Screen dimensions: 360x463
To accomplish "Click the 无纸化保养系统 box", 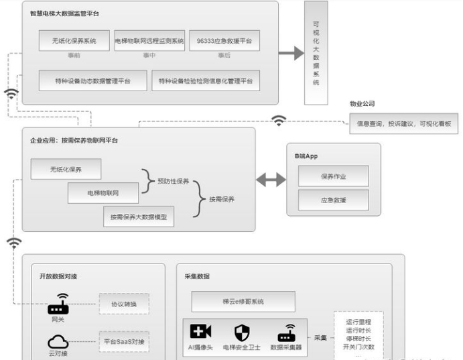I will [x=74, y=41].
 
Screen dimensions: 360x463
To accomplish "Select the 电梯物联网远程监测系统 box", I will [x=149, y=41].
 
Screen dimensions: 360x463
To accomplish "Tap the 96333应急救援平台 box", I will [x=224, y=41].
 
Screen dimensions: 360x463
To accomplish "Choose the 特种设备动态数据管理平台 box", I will [x=92, y=80].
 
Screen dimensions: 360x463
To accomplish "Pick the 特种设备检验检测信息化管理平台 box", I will [x=206, y=80].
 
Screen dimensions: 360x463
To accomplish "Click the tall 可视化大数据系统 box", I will [x=316, y=53].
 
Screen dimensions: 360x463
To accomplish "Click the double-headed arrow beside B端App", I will [x=270, y=180].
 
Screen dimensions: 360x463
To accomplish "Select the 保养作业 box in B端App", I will [x=333, y=176].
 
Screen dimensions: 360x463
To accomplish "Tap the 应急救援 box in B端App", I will [x=333, y=199].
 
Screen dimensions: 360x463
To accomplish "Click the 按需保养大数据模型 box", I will [x=139, y=217].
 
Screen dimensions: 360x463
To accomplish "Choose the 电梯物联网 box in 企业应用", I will [x=103, y=193].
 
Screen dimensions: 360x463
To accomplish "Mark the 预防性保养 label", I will [x=174, y=181].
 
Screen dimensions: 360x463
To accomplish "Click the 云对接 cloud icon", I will [x=58, y=342].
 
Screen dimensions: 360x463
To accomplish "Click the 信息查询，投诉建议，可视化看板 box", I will [x=403, y=123].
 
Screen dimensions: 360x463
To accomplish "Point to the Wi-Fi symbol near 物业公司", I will [x=279, y=121].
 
